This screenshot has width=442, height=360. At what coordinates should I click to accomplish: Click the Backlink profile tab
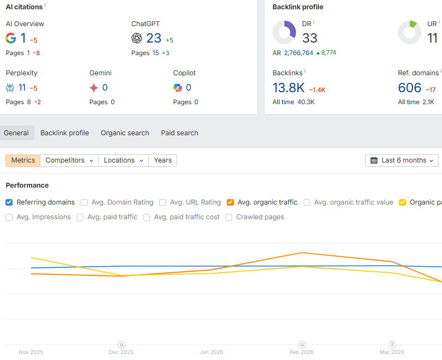pyautogui.click(x=64, y=133)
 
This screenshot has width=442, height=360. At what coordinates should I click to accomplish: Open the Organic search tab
pyautogui.click(x=125, y=133)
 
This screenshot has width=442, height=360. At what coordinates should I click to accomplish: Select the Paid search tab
pyautogui.click(x=179, y=133)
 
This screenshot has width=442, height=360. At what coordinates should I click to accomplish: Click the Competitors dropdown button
pyautogui.click(x=69, y=160)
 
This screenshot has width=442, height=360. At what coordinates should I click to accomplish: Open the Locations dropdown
pyautogui.click(x=123, y=160)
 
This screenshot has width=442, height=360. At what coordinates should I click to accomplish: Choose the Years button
pyautogui.click(x=162, y=160)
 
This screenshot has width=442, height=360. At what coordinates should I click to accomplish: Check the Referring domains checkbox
pyautogui.click(x=9, y=202)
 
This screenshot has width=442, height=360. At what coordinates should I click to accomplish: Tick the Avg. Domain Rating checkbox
pyautogui.click(x=84, y=202)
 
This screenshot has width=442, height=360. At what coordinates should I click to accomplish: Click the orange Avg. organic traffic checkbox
pyautogui.click(x=231, y=202)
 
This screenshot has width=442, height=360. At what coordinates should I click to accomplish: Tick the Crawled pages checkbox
pyautogui.click(x=229, y=217)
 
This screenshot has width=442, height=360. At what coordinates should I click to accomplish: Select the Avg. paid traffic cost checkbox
pyautogui.click(x=147, y=217)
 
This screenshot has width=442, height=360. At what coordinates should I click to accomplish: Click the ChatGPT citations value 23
pyautogui.click(x=154, y=38)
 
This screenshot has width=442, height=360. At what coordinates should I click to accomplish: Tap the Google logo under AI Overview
pyautogui.click(x=11, y=38)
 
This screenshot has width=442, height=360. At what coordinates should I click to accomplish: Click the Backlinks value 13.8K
pyautogui.click(x=288, y=88)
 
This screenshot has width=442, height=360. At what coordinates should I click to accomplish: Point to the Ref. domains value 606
pyautogui.click(x=410, y=88)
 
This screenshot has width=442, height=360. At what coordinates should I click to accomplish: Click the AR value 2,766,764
pyautogui.click(x=298, y=53)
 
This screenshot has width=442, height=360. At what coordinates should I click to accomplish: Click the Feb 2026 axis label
pyautogui.click(x=301, y=352)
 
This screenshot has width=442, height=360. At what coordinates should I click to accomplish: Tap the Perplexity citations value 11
pyautogui.click(x=22, y=88)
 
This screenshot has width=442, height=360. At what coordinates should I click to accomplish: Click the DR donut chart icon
pyautogui.click(x=284, y=33)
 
